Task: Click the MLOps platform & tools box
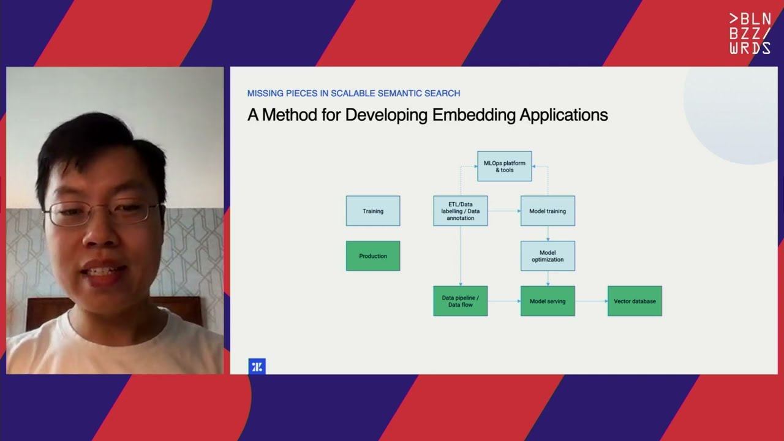pos(504,166)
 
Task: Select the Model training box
pos(548,211)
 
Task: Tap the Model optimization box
pos(548,255)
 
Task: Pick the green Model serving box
pos(548,301)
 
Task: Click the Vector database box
pos(635,301)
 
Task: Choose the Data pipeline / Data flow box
pos(460,301)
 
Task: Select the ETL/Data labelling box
pos(460,211)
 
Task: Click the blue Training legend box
pos(372,211)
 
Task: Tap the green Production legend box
pos(372,255)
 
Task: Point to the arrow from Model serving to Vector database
pos(591,301)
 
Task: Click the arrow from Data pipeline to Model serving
pos(503,301)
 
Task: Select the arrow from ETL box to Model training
pos(503,211)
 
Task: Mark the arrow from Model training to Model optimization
pos(548,233)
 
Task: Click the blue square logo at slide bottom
pos(257,366)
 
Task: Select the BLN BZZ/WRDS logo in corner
pos(750,34)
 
